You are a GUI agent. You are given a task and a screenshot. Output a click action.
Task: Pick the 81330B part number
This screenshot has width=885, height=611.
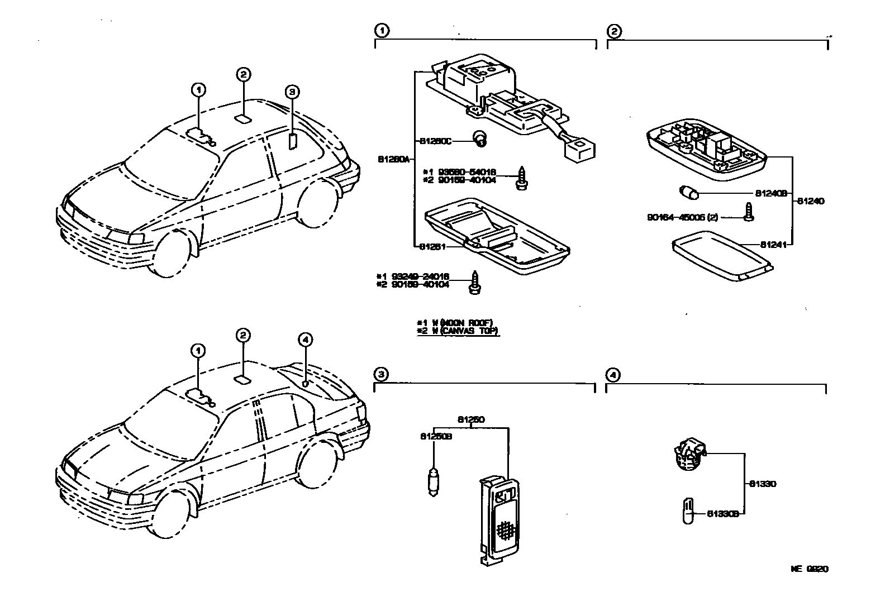coord(723,513)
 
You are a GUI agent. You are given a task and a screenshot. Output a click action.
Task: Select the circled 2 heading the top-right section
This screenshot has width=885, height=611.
coord(613,31)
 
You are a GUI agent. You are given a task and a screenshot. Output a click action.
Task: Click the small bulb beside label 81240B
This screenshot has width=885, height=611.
coord(688,194)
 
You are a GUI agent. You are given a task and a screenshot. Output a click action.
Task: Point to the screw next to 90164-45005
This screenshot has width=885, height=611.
coord(748,213)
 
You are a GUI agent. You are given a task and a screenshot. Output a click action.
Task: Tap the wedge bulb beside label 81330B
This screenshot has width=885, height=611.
coord(687,510)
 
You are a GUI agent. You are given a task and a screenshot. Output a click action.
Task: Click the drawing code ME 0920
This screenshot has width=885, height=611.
coord(808,569)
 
